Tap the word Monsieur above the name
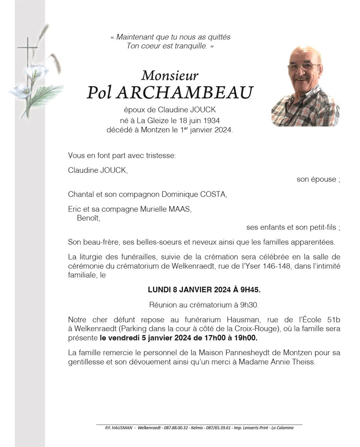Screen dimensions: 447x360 pyautogui.click(x=170, y=75)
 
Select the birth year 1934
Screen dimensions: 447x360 pyautogui.click(x=211, y=120)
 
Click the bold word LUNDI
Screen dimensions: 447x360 pyautogui.click(x=159, y=290)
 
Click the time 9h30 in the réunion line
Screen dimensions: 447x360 pyautogui.click(x=249, y=305)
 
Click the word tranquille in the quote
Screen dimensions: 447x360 pyautogui.click(x=190, y=46)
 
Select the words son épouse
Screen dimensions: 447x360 pyautogui.click(x=316, y=179)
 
